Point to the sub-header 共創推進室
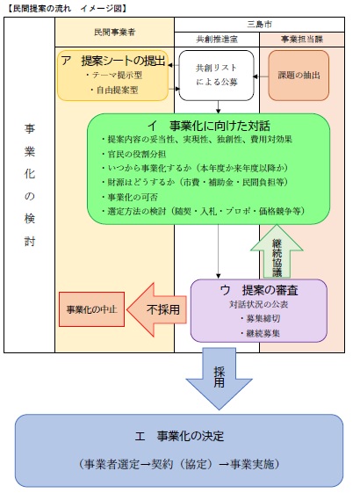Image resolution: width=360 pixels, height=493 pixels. (217, 39)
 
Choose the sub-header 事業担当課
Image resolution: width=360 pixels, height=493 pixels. (302, 39)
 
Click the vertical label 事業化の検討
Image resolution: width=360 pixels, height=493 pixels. (29, 185)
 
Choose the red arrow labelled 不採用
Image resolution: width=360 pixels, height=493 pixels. (158, 309)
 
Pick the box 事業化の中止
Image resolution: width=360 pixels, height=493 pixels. (91, 310)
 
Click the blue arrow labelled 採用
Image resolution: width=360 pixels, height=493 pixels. (219, 375)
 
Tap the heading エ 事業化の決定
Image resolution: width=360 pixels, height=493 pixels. (179, 437)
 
